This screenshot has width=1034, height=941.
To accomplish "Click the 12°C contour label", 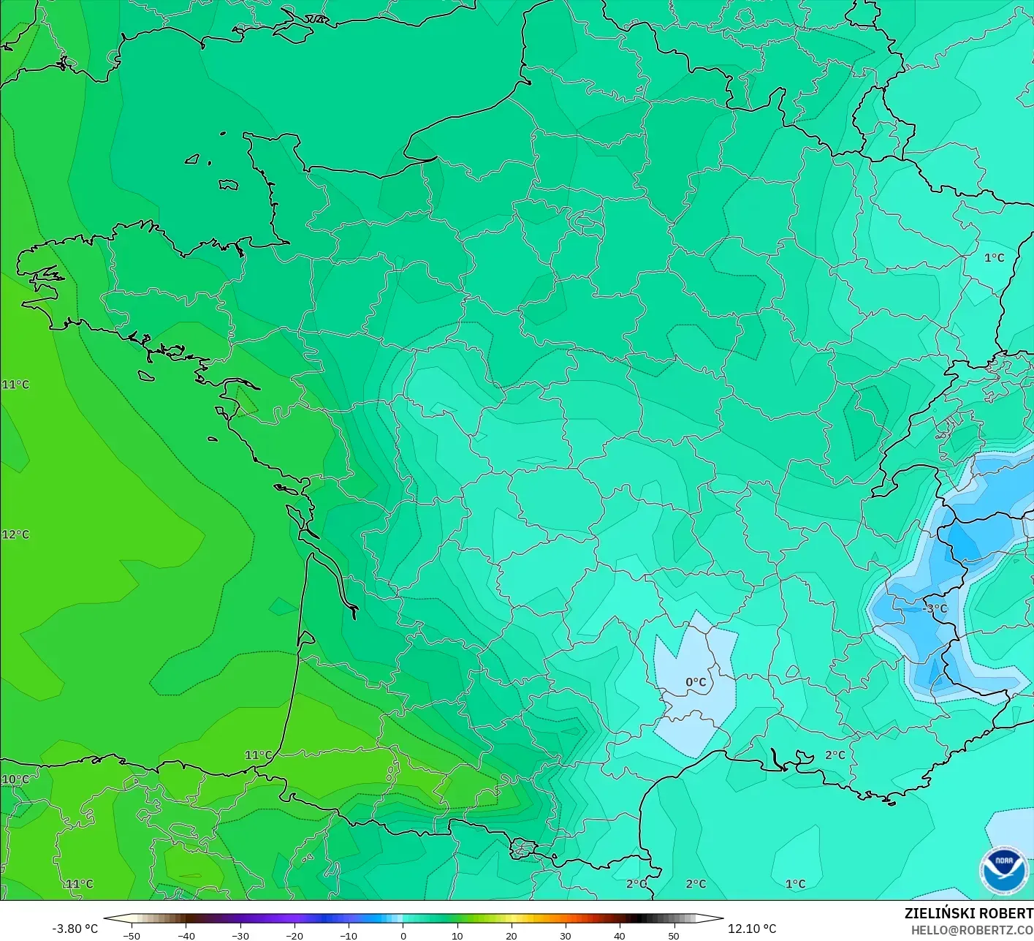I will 15,534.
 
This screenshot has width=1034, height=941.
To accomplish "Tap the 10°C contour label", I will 15,779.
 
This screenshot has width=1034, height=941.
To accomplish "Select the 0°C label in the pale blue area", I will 696,682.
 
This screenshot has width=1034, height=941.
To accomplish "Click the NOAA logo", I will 1003,871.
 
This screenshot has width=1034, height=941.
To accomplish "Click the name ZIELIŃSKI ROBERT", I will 968,913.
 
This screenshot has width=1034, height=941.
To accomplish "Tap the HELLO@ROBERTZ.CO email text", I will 971,930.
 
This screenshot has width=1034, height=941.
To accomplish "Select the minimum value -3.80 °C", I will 75,929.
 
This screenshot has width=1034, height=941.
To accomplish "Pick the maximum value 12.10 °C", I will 752,929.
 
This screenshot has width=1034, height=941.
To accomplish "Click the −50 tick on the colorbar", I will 132,936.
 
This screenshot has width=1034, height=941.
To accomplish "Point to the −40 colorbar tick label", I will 186,936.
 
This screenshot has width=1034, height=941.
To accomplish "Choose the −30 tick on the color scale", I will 240,936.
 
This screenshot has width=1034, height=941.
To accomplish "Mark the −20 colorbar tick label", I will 294,936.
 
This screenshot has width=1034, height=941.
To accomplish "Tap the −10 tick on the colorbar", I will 349,936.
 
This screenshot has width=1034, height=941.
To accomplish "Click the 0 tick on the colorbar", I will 403,936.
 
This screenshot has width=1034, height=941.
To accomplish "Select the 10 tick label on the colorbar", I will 457,936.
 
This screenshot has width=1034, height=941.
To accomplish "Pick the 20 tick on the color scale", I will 511,936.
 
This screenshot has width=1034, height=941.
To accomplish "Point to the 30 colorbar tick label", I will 565,936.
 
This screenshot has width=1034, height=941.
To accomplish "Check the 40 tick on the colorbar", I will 619,936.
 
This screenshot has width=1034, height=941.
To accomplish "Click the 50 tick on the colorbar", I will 673,936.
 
